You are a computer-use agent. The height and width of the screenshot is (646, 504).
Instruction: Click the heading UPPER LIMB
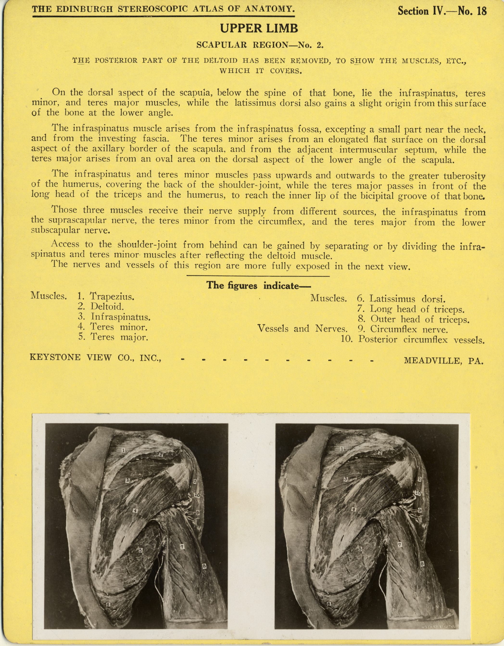tap(259, 28)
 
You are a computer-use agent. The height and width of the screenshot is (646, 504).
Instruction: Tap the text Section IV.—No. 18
tap(442, 11)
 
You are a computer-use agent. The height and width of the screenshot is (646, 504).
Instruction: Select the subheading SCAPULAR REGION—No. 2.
tap(260, 45)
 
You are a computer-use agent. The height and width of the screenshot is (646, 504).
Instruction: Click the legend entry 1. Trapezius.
tap(106, 296)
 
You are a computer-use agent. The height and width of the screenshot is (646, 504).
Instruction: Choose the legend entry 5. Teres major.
tap(113, 337)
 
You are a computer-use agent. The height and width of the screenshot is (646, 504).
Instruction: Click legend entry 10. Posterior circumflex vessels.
tap(413, 340)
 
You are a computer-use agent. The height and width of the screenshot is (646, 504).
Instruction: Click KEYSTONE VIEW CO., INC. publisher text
tap(95, 357)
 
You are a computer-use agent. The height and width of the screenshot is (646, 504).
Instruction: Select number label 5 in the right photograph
tap(360, 549)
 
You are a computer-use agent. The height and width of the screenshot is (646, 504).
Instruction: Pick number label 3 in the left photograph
tap(127, 480)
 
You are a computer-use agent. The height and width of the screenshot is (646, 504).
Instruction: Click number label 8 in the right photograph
tap(423, 564)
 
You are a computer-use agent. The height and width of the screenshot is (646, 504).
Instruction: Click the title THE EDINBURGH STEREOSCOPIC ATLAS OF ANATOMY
tap(163, 9)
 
